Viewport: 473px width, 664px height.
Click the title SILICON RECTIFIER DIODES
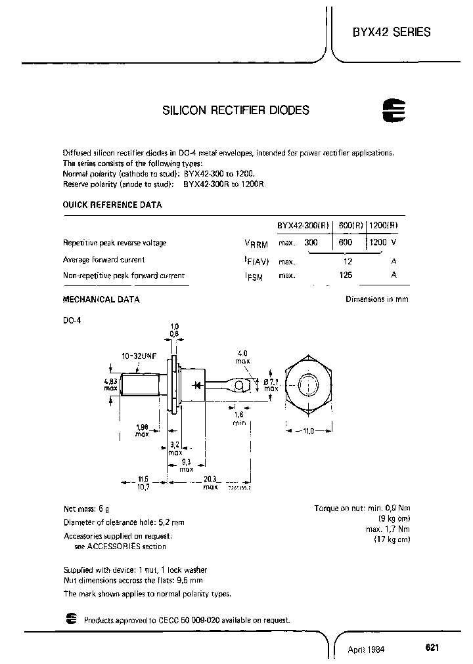235,111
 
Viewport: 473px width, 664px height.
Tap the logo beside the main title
394,112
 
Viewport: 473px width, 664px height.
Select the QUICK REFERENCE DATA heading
112,205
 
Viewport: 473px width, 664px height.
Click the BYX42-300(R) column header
305,225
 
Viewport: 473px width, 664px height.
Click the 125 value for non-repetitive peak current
346,276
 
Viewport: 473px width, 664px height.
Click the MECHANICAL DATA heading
101,299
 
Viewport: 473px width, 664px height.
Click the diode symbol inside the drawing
196,384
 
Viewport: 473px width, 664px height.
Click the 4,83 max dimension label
111,384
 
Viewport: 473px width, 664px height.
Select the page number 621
432,647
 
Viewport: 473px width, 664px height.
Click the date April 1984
366,650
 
